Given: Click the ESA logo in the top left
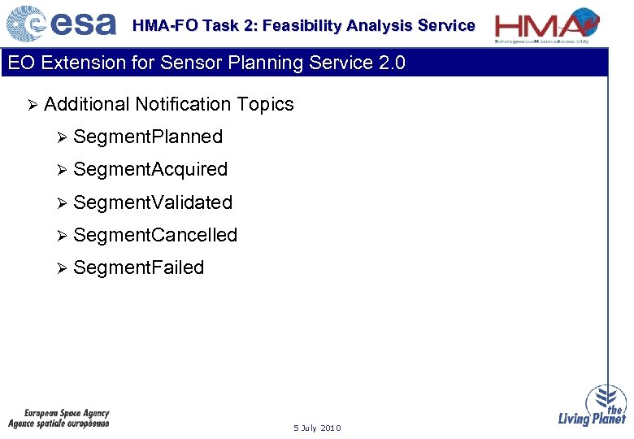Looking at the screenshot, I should pyautogui.click(x=61, y=24).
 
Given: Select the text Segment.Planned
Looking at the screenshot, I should pyautogui.click(x=147, y=137).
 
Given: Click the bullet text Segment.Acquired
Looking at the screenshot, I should pyautogui.click(x=150, y=169).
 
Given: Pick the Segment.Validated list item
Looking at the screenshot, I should pyautogui.click(x=153, y=202).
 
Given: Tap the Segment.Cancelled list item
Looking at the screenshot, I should pyautogui.click(x=155, y=235).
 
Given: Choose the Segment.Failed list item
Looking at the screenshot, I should pyautogui.click(x=138, y=267).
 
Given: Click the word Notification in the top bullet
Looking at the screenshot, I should pyautogui.click(x=184, y=104).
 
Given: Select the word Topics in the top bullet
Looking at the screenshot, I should pyautogui.click(x=266, y=104).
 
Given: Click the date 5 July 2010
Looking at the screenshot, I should pyautogui.click(x=317, y=428).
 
